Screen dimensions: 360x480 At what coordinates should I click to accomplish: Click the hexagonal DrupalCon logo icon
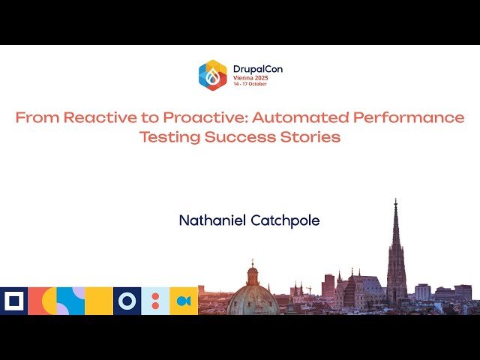(x=212, y=75)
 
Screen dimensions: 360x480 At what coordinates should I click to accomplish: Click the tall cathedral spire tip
(x=396, y=201)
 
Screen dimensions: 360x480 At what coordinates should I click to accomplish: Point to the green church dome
(x=253, y=297)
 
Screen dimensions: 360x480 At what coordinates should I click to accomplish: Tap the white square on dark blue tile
(x=13, y=301)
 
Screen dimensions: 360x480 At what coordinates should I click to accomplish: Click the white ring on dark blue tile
(x=127, y=301)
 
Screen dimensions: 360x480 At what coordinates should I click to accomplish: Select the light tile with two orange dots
(x=155, y=301)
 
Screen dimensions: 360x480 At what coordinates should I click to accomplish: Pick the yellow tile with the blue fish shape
(x=184, y=301)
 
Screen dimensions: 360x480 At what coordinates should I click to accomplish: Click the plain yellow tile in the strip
(x=99, y=301)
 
